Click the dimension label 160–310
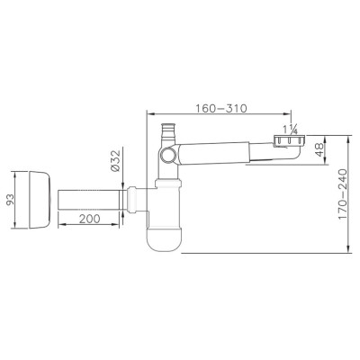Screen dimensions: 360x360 pyautogui.click(x=221, y=108)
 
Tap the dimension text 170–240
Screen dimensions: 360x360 pyautogui.click(x=343, y=194)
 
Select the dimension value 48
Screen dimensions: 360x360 pyautogui.click(x=319, y=149)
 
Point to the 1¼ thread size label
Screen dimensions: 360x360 pyautogui.click(x=290, y=129)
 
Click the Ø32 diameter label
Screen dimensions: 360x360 pyautogui.click(x=115, y=160)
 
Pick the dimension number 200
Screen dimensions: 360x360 pyautogui.click(x=90, y=219)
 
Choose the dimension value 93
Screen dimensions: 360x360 pyautogui.click(x=10, y=200)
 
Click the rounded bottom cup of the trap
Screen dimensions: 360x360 pyautogui.click(x=164, y=239)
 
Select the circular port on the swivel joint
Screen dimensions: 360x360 pyautogui.click(x=166, y=156)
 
